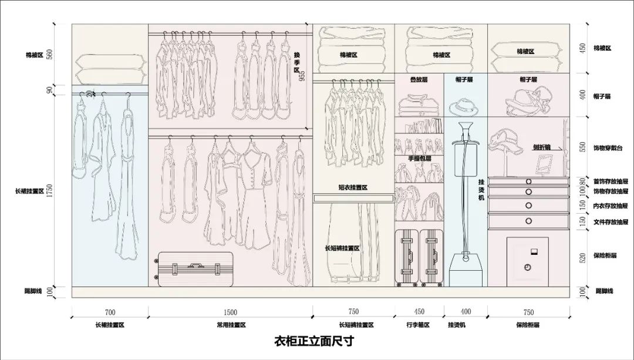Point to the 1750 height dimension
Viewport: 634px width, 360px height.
click(50, 191)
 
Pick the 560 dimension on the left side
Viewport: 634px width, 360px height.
click(50, 55)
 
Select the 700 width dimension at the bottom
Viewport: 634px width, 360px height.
click(110, 312)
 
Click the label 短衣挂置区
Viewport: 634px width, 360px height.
click(353, 187)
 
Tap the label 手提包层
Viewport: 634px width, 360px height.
click(419, 159)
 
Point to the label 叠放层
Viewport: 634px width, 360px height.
click(419, 79)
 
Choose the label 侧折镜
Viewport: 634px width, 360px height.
click(542, 147)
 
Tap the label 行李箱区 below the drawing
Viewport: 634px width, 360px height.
click(418, 325)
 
